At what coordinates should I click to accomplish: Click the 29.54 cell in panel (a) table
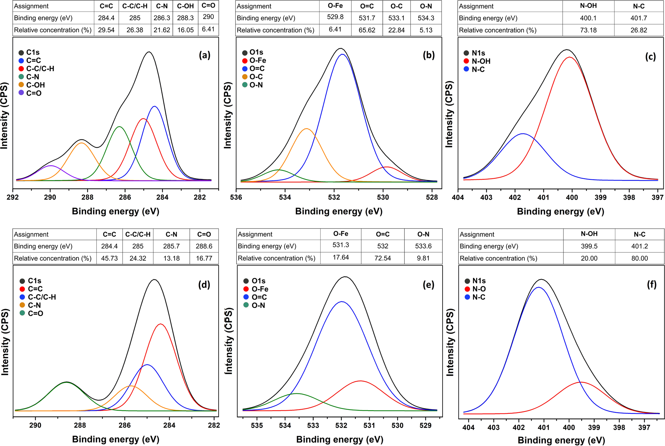106,30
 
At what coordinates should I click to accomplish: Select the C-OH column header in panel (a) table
185,6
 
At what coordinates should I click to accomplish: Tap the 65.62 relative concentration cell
367,30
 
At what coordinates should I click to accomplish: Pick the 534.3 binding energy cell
426,18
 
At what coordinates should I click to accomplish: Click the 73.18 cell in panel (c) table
588,30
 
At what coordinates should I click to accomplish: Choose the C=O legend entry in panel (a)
34,93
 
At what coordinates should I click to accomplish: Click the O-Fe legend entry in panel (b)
258,61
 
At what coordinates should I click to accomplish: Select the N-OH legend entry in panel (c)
481,61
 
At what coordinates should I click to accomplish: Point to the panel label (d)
204,284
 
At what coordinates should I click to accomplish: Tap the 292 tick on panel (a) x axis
13,197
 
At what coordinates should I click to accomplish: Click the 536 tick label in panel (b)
236,197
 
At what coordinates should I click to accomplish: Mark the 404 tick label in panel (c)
458,197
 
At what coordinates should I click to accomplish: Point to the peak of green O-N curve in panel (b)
279,170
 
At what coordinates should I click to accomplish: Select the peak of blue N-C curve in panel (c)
523,133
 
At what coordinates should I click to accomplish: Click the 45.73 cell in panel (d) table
109,258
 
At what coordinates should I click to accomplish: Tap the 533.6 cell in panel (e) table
423,246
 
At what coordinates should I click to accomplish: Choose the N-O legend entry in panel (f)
479,289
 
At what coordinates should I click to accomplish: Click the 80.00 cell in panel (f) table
639,258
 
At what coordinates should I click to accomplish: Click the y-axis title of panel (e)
228,342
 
